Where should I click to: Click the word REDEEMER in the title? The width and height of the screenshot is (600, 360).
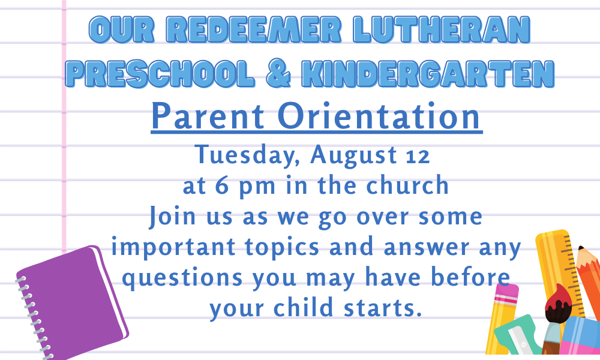[254, 29]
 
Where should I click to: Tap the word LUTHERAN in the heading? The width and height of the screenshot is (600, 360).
[441, 29]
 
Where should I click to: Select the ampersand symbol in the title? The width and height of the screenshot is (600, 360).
[278, 73]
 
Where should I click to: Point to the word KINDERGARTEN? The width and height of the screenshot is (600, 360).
[428, 73]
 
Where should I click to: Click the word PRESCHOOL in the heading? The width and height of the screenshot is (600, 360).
[160, 73]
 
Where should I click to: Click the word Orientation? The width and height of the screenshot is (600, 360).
[379, 116]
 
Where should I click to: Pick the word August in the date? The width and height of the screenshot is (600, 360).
[353, 156]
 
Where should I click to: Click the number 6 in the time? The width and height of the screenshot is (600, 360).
[222, 186]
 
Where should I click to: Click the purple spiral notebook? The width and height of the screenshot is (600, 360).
[72, 302]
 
